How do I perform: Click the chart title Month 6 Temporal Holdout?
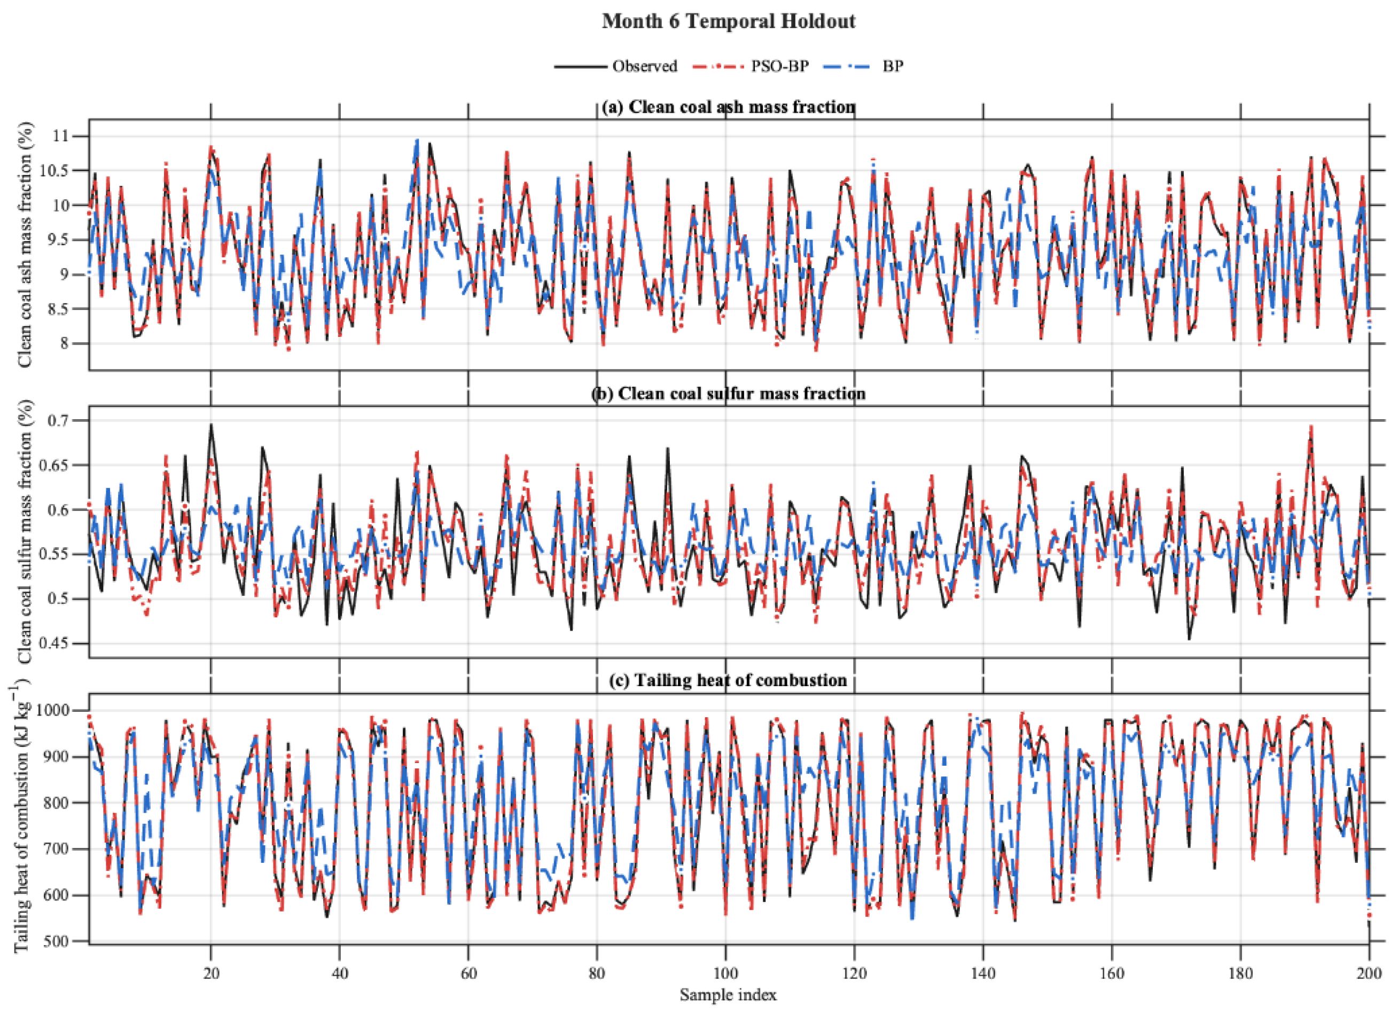coord(729,21)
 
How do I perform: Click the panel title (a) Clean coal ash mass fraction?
coord(729,107)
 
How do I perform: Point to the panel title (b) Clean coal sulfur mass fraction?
coord(729,394)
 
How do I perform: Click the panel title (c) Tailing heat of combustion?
coord(729,680)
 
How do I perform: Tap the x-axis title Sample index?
coord(728,994)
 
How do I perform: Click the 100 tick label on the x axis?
coord(725,973)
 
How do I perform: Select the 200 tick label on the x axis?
coord(1369,973)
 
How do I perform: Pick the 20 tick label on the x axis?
coord(211,973)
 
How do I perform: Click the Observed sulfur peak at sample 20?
coord(211,425)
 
